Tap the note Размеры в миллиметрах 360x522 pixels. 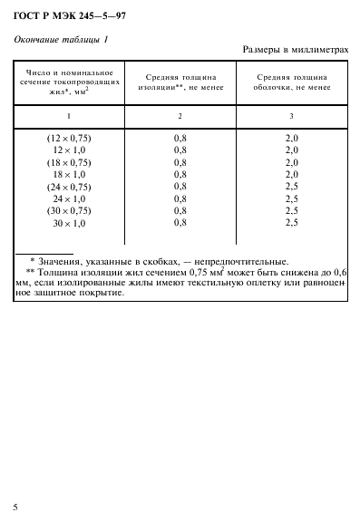click(297, 50)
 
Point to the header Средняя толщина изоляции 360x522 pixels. click(180, 82)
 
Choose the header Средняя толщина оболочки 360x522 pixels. click(292, 82)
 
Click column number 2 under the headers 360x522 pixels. click(180, 116)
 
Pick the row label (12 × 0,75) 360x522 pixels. click(69, 138)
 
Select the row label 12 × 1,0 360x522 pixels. click(69, 150)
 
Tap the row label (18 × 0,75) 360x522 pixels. click(69, 161)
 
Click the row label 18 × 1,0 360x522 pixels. click(69, 173)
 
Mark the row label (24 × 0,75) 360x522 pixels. click(69, 186)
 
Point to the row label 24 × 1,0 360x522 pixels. click(69, 198)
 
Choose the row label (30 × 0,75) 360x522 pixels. click(69, 209)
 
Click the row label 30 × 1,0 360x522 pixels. click(69, 222)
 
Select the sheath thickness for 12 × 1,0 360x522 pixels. click(292, 150)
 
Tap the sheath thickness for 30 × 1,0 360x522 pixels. click(292, 222)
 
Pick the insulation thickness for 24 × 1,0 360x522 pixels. click(180, 198)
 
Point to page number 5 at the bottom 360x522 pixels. click(15, 506)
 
